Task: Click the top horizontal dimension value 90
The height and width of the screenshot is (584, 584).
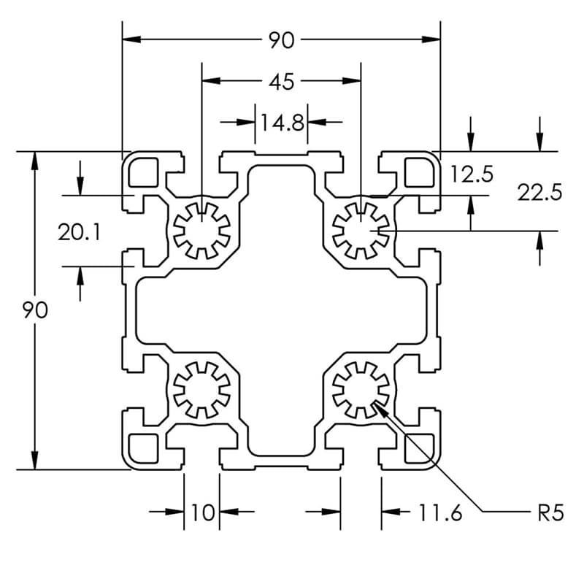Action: pos(281,41)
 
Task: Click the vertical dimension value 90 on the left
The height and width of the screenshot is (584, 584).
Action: pos(34,310)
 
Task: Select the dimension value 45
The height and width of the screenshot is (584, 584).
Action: pos(281,82)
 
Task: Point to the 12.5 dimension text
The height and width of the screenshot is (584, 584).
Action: pos(472,174)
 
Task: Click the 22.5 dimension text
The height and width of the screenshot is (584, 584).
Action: pos(539,193)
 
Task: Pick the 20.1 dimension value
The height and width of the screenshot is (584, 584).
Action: pos(80,233)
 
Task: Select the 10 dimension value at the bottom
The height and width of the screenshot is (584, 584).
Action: pos(201,513)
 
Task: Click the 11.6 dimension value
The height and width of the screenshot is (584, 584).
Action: pos(440,513)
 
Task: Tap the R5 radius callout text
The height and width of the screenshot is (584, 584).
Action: pos(550,513)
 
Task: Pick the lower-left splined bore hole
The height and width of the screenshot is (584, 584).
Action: pos(202,389)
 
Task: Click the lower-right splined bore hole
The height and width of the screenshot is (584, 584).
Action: pos(361,389)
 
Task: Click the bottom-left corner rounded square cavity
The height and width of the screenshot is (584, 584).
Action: pos(143,447)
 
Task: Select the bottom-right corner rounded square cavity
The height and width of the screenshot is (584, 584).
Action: pos(419,447)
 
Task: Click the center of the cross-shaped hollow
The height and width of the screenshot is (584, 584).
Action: pos(281,310)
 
